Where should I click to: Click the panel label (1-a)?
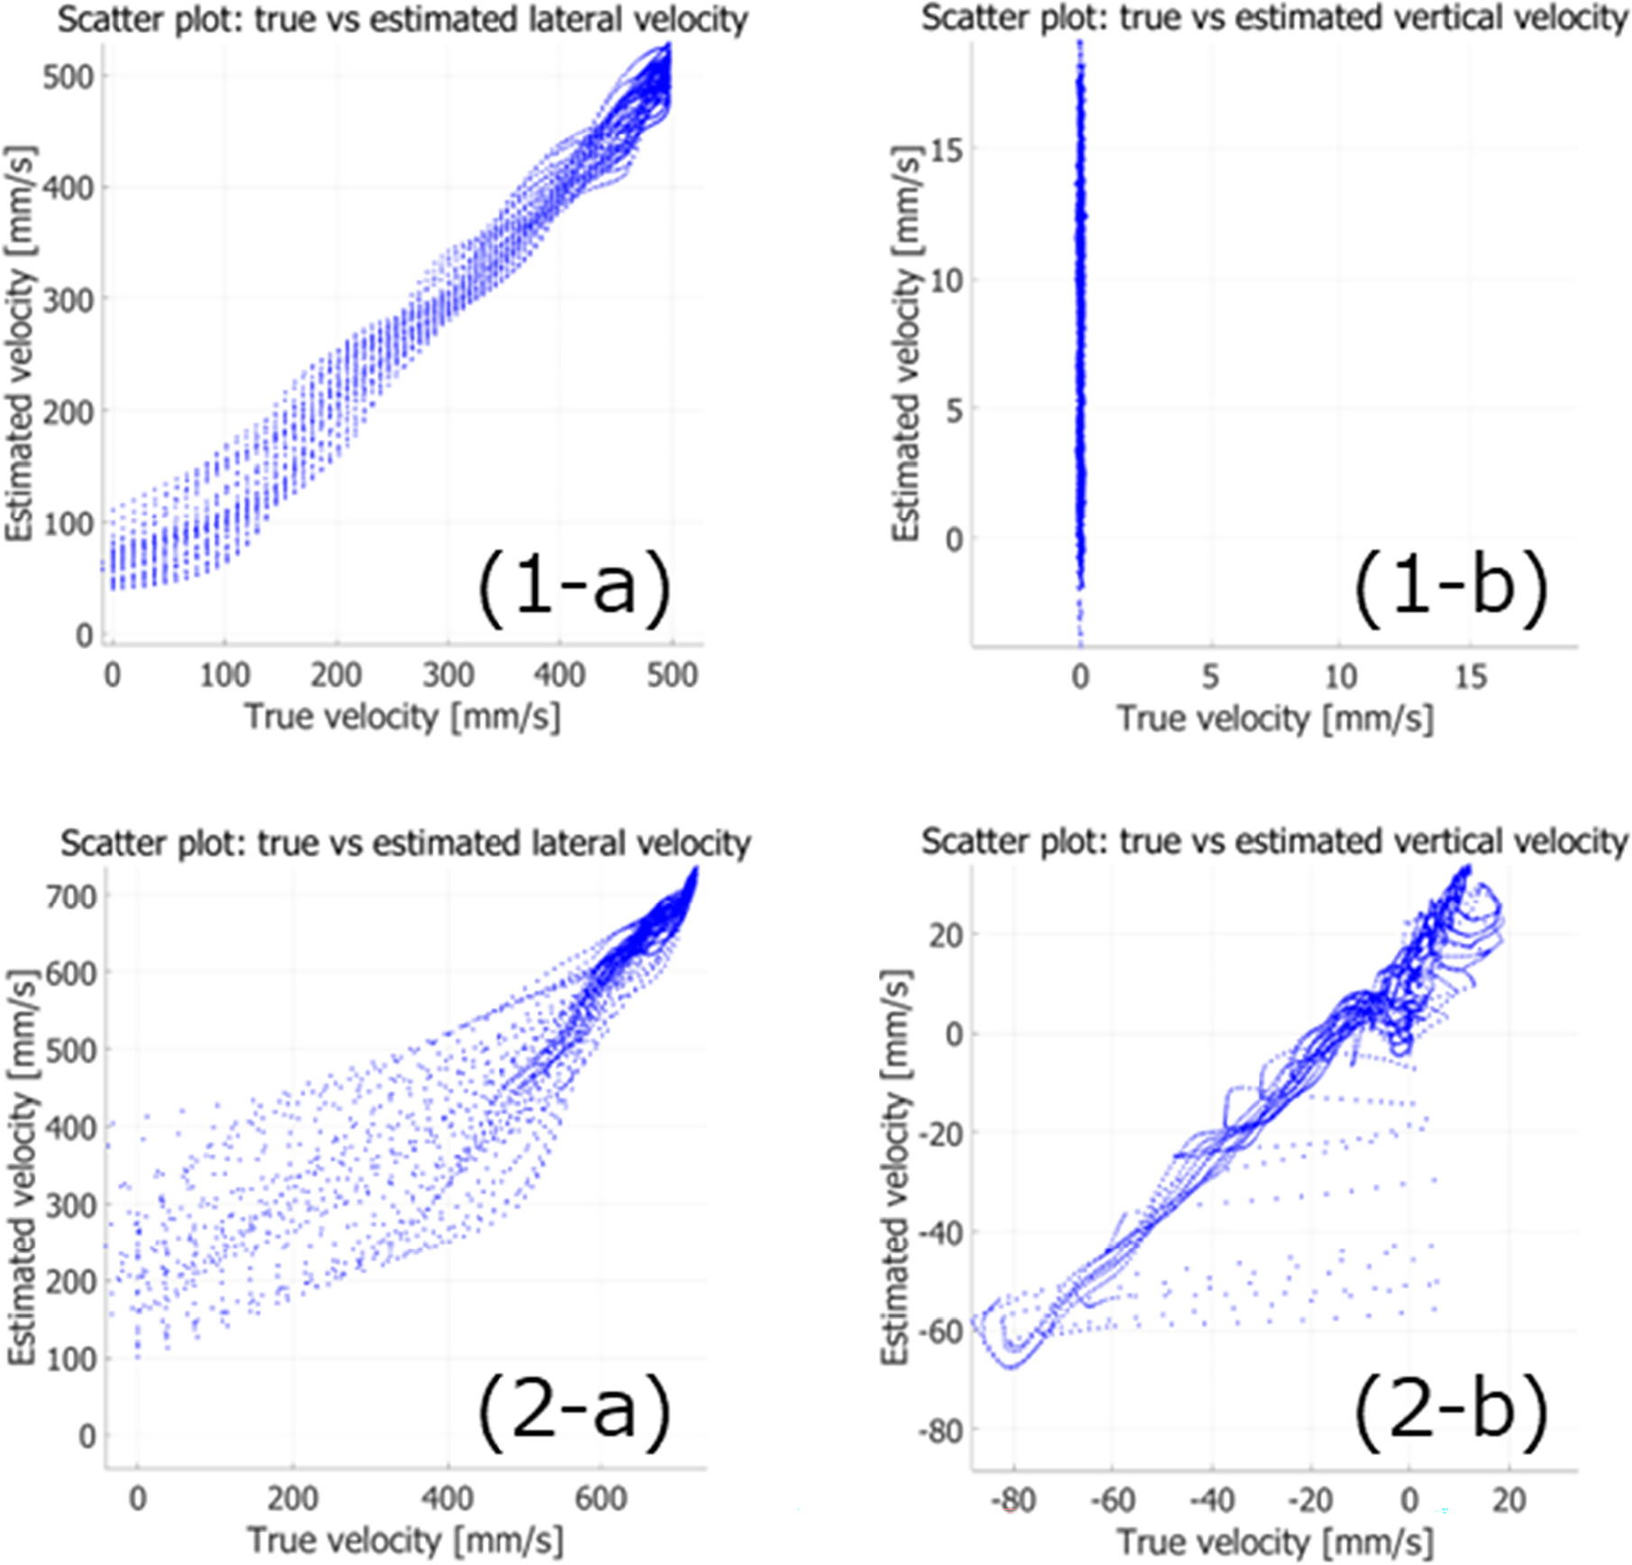click(x=573, y=586)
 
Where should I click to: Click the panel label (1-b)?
click(x=1451, y=586)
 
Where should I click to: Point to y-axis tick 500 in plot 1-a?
click(x=68, y=77)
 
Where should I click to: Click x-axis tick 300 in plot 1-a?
click(x=448, y=674)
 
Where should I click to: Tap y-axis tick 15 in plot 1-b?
click(x=946, y=150)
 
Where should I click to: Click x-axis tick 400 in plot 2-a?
click(x=447, y=1498)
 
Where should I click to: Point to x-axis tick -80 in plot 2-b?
click(x=1013, y=1500)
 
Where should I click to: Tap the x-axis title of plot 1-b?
click(x=1275, y=718)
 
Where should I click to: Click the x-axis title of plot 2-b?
click(x=1275, y=1542)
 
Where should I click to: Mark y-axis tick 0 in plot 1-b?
click(x=954, y=539)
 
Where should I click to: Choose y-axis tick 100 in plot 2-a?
click(x=70, y=1359)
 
